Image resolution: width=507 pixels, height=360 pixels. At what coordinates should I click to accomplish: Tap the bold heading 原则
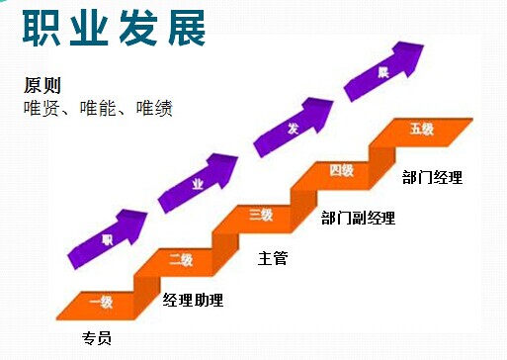click(x=42, y=85)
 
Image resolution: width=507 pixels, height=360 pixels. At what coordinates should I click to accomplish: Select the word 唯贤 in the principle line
click(x=42, y=108)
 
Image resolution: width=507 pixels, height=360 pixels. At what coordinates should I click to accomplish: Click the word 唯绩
click(x=154, y=108)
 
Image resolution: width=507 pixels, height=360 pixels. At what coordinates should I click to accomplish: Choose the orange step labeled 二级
click(x=181, y=260)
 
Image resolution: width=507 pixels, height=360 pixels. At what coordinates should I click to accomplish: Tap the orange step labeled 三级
click(x=261, y=215)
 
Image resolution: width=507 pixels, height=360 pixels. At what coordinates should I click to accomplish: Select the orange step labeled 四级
click(x=342, y=170)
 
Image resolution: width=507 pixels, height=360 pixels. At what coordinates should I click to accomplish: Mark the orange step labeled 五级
click(x=422, y=129)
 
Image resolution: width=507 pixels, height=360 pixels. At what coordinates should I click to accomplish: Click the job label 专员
click(x=96, y=338)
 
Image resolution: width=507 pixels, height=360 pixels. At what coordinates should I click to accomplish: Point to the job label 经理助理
click(x=193, y=300)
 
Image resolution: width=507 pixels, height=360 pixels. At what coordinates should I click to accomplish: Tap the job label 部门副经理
click(x=358, y=218)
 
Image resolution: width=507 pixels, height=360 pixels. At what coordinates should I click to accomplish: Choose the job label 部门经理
click(x=432, y=178)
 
